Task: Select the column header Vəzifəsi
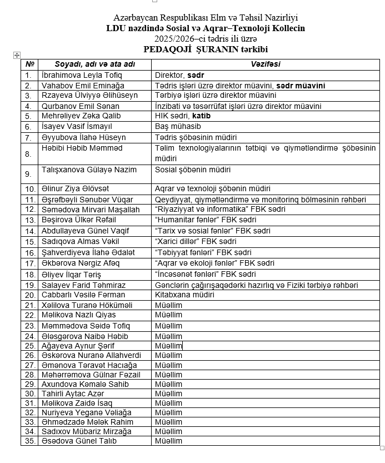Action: point(266,64)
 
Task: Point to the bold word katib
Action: point(202,116)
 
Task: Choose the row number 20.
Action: point(29,295)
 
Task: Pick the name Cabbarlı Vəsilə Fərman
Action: point(82,295)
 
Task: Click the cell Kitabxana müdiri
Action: point(184,295)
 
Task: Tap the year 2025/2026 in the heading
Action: point(173,39)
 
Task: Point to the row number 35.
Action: point(29,441)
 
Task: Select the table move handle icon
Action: point(17,55)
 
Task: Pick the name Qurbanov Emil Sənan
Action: point(80,106)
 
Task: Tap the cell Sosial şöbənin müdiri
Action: point(192,170)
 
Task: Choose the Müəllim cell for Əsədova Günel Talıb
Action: point(168,441)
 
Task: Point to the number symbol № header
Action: point(29,64)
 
